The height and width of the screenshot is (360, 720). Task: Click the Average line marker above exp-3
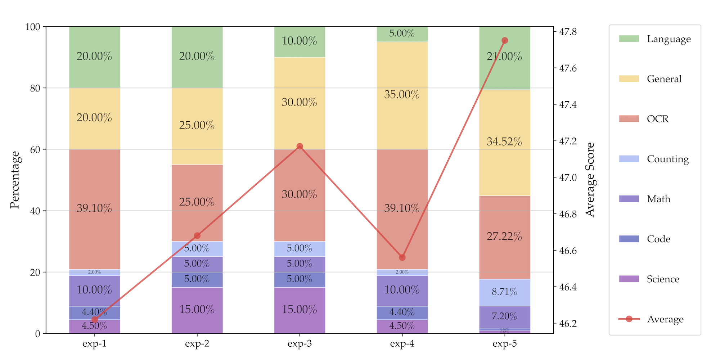pyautogui.click(x=300, y=146)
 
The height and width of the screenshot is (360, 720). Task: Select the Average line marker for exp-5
pyautogui.click(x=505, y=40)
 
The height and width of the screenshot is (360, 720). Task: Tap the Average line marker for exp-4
pyautogui.click(x=402, y=257)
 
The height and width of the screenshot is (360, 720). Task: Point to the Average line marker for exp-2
pyautogui.click(x=197, y=236)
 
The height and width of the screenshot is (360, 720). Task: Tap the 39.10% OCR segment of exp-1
pyautogui.click(x=94, y=209)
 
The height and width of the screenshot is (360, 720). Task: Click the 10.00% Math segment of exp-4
pyautogui.click(x=402, y=291)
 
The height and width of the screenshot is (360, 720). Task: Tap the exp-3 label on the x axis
pyautogui.click(x=300, y=344)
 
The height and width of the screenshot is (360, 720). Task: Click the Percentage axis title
pyautogui.click(x=15, y=180)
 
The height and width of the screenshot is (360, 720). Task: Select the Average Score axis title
pyautogui.click(x=590, y=180)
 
